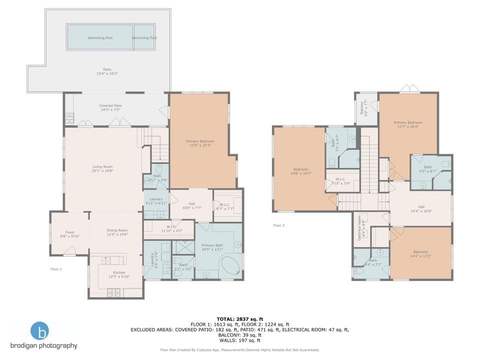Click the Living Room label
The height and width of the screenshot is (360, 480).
click(x=102, y=166)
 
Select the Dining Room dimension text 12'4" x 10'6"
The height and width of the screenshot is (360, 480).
click(x=116, y=234)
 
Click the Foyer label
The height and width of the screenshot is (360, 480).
click(x=69, y=232)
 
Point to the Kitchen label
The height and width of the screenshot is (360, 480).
click(x=119, y=272)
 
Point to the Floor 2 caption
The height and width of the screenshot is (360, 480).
click(x=278, y=225)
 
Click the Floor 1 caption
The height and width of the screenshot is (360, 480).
click(x=56, y=269)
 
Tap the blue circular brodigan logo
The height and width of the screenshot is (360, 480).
click(x=40, y=331)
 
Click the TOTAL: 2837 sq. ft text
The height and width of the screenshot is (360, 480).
click(x=239, y=318)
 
